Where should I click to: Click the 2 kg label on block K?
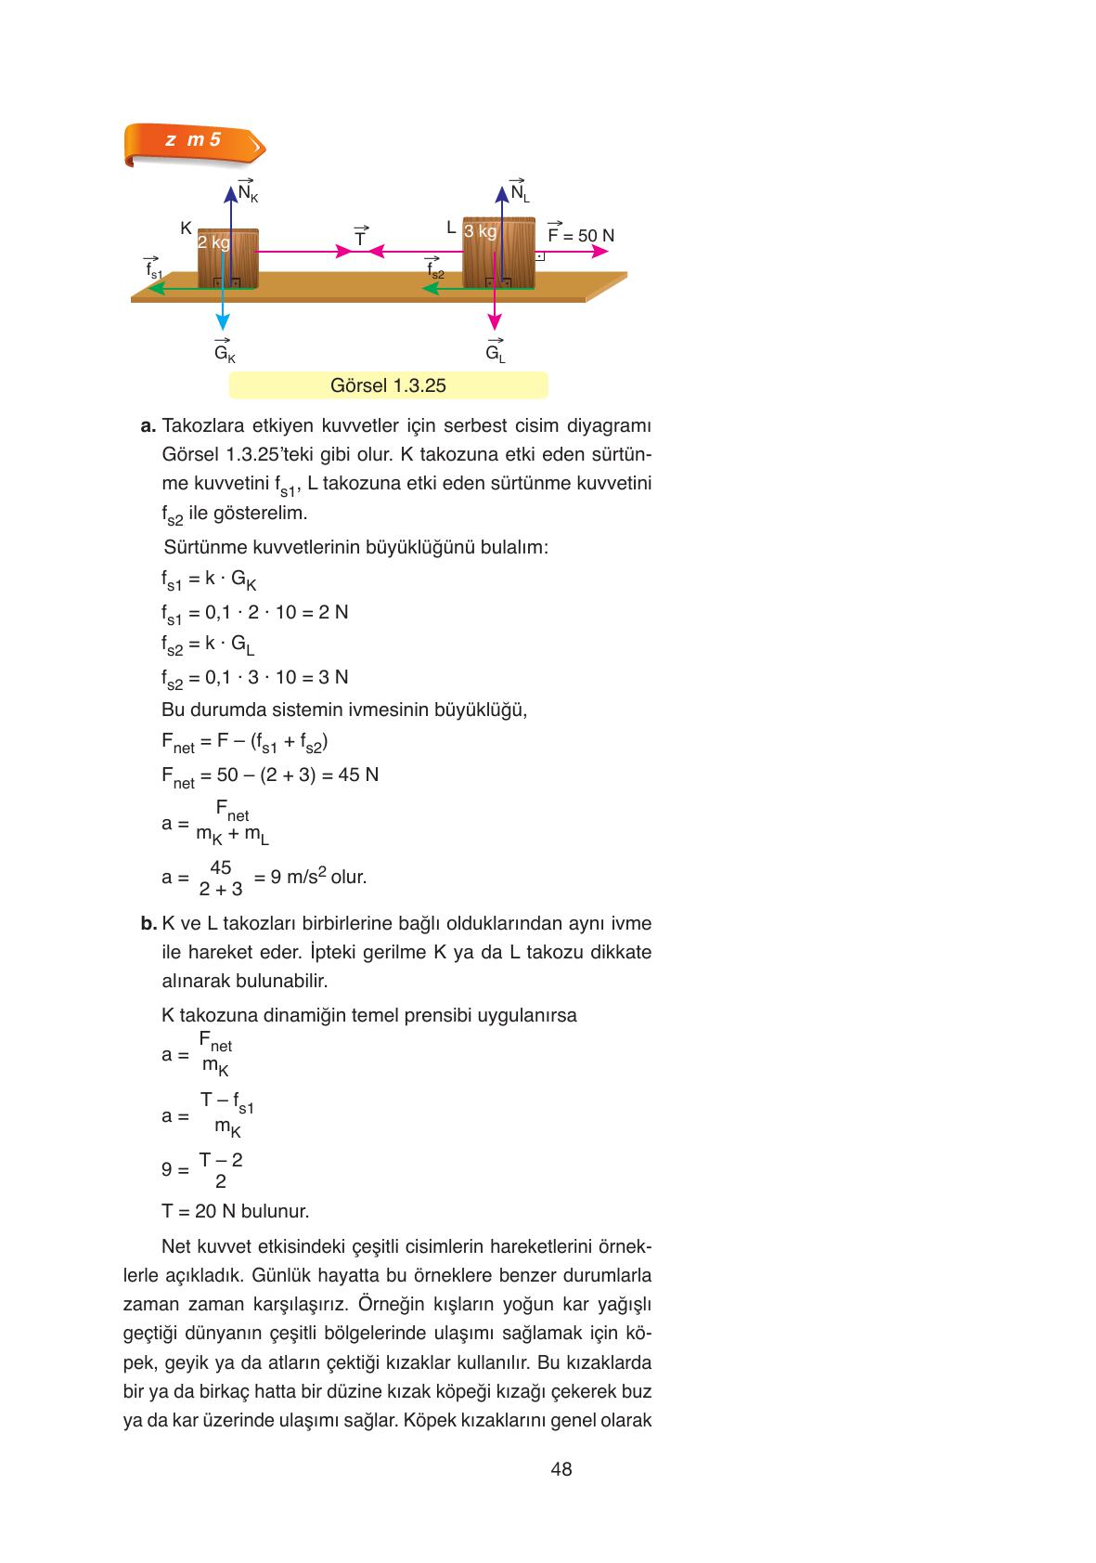pyautogui.click(x=213, y=242)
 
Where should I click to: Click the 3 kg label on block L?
pyautogui.click(x=481, y=231)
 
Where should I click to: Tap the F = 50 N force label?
pyautogui.click(x=581, y=234)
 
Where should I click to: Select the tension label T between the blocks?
pyautogui.click(x=360, y=237)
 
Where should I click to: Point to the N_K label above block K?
pyautogui.click(x=248, y=191)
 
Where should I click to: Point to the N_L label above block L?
pyautogui.click(x=519, y=191)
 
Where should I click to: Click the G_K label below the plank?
pyautogui.click(x=224, y=353)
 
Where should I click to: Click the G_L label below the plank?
pyautogui.click(x=495, y=353)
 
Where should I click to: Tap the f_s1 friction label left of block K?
pyautogui.click(x=153, y=270)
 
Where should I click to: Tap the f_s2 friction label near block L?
pyautogui.click(x=434, y=270)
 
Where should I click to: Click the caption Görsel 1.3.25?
pyautogui.click(x=388, y=385)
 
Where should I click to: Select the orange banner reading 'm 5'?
pyautogui.click(x=193, y=142)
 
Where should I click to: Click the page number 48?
pyautogui.click(x=561, y=1469)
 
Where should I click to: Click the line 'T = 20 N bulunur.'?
pyautogui.click(x=235, y=1211)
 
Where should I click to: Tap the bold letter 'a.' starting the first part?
pyautogui.click(x=148, y=427)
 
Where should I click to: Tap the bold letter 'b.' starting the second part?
pyautogui.click(x=148, y=924)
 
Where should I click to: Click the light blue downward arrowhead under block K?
pyautogui.click(x=223, y=321)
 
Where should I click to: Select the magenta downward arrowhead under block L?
pyautogui.click(x=495, y=321)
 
